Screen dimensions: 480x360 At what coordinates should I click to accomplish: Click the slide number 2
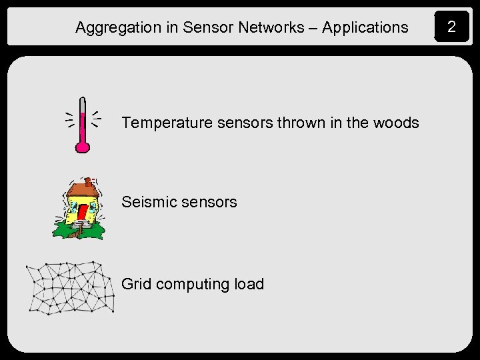coord(451,27)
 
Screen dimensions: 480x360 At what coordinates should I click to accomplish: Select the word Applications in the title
coord(365,28)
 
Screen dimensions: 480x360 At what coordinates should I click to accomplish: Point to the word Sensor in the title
coord(205,27)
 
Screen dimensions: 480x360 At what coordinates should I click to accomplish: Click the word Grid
coord(135,284)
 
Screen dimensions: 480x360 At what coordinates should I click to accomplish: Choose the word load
coord(249,284)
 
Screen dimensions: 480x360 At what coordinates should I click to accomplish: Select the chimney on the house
coord(87,181)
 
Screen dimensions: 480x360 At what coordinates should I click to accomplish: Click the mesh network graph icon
coord(70,287)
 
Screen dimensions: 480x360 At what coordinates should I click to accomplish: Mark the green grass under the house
coord(64,230)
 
